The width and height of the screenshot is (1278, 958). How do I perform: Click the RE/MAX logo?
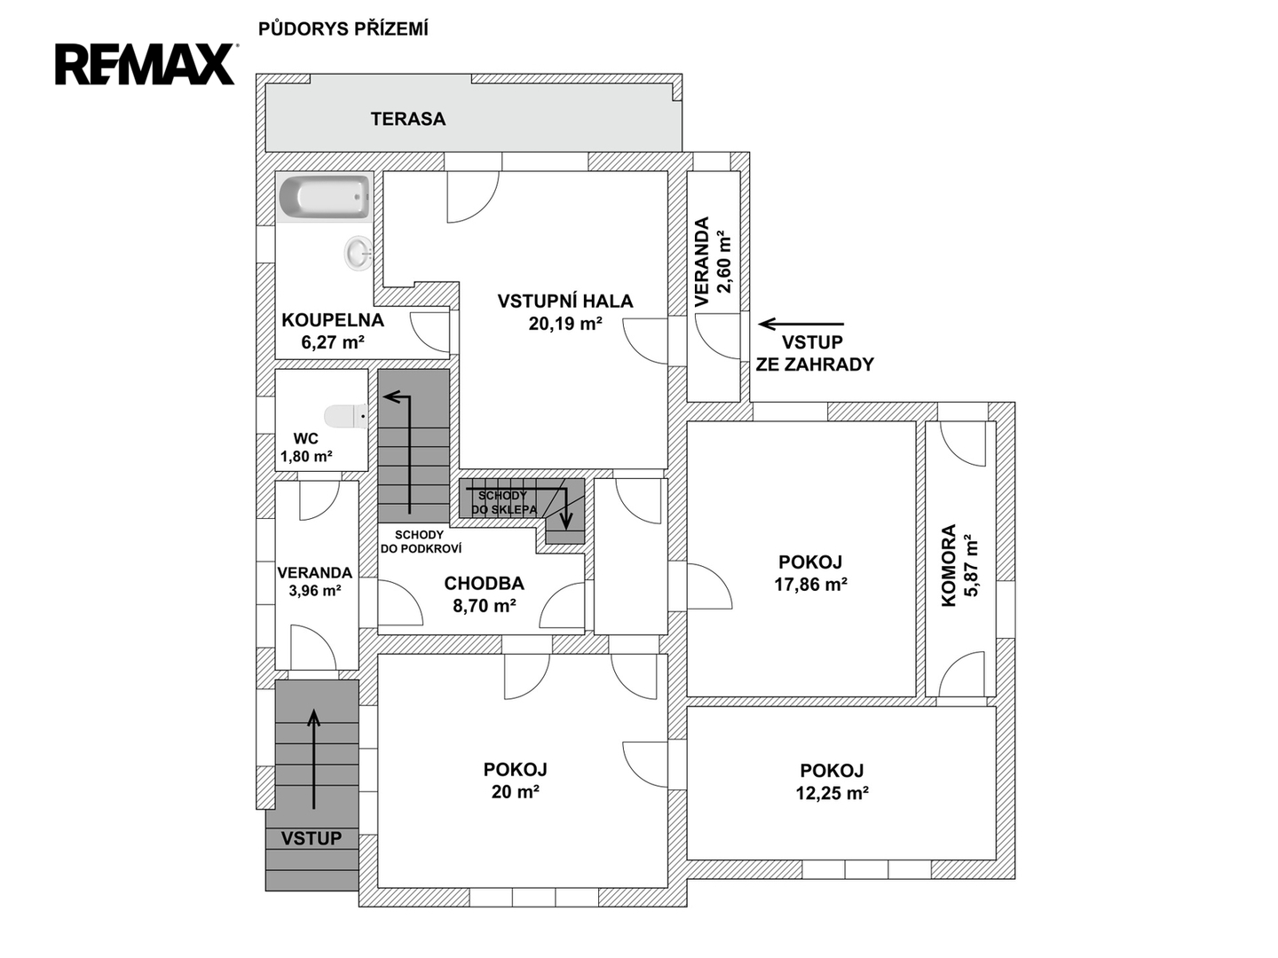[146, 64]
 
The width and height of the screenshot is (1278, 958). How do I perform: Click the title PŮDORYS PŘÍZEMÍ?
[343, 29]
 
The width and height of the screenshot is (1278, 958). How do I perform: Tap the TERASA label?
[408, 119]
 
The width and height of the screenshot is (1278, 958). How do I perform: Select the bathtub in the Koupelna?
[324, 198]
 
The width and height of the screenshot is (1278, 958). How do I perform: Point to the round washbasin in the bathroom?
[358, 254]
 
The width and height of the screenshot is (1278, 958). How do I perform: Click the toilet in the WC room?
[346, 417]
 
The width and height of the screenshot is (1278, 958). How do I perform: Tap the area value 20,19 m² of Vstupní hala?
[564, 324]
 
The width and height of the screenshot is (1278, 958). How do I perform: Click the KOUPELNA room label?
[333, 320]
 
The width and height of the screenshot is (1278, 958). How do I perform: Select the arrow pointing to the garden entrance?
[801, 324]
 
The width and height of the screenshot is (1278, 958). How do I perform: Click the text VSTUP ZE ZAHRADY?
[815, 353]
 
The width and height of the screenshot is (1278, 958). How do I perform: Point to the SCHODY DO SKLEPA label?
[503, 503]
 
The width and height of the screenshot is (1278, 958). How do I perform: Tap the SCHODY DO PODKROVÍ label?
[421, 541]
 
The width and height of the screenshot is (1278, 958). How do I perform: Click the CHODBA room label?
[484, 583]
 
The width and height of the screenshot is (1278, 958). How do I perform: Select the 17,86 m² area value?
[810, 584]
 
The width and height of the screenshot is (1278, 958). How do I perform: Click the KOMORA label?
[949, 565]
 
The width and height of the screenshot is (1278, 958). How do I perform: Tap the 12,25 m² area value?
[832, 793]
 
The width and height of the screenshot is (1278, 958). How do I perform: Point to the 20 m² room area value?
[515, 791]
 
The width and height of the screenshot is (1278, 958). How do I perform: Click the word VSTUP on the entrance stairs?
[312, 838]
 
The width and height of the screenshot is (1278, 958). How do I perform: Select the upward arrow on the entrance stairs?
[314, 759]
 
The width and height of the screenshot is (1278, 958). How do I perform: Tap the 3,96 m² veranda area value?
[314, 591]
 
